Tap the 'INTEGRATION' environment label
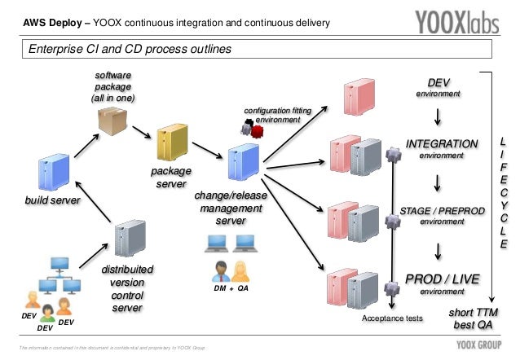pyautogui.click(x=442, y=145)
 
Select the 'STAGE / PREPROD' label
pyautogui.click(x=441, y=212)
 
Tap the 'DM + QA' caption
pyautogui.click(x=231, y=288)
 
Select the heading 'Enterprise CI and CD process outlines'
pyautogui.click(x=130, y=50)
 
